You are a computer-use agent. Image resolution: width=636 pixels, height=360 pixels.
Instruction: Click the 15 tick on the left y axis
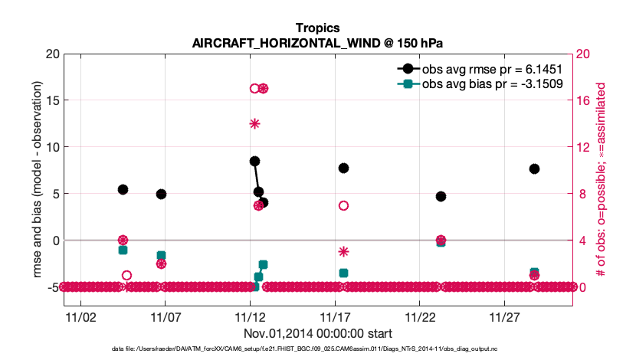[x=52, y=100]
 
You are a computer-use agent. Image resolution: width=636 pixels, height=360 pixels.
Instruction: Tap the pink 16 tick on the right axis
[x=584, y=100]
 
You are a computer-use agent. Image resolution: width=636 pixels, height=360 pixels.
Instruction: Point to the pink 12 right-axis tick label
[x=584, y=147]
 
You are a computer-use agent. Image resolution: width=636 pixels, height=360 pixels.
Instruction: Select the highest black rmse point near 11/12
[x=254, y=161]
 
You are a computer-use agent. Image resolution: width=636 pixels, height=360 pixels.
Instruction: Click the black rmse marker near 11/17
[x=343, y=168]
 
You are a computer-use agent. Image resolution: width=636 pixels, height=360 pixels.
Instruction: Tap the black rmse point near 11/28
[x=534, y=169]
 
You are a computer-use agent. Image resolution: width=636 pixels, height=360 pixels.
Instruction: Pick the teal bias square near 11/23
[x=441, y=242]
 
